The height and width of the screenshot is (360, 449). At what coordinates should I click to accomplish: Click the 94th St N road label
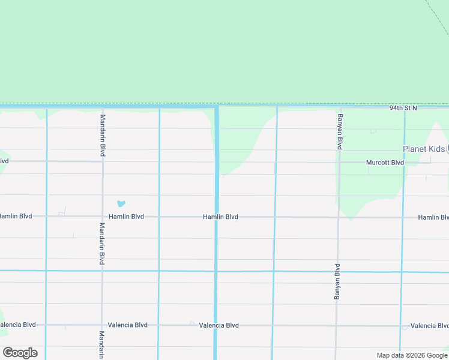coord(402,108)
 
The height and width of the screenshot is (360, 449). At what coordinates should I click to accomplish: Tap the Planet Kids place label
coord(424,149)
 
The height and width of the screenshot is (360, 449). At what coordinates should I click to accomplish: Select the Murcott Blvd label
coord(385,163)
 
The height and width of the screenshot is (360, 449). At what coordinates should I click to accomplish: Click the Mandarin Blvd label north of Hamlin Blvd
coord(103,136)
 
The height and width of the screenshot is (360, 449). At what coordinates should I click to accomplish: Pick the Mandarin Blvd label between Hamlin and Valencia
coord(102,244)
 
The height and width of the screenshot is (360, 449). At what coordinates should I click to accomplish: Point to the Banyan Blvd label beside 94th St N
coord(340,131)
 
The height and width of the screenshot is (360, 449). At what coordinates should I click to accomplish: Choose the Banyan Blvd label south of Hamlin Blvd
coord(337,281)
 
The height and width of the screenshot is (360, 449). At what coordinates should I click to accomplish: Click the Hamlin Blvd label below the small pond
coord(126,217)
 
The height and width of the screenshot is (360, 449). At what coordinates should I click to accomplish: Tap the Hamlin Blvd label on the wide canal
coord(220,217)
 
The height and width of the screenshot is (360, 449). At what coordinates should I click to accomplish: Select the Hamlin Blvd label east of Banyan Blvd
coord(433,217)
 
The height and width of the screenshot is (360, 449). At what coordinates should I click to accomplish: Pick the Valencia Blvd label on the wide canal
coord(219,325)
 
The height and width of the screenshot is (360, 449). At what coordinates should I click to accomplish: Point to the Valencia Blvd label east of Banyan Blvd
coord(429,326)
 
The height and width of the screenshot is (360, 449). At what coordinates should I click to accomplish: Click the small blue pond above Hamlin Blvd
coord(121,204)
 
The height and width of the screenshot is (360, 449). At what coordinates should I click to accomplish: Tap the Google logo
coord(20,353)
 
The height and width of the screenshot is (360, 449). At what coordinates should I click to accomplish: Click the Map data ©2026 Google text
coord(411,355)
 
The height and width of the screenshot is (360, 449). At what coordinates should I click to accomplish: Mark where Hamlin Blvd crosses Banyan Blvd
coord(339,217)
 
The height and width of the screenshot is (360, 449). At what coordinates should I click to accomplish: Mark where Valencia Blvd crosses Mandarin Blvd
coord(102,325)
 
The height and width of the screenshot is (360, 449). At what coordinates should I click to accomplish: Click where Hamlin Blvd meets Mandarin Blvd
coord(102,217)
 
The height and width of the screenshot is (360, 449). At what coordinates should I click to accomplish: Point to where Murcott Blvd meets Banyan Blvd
coord(340,162)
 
